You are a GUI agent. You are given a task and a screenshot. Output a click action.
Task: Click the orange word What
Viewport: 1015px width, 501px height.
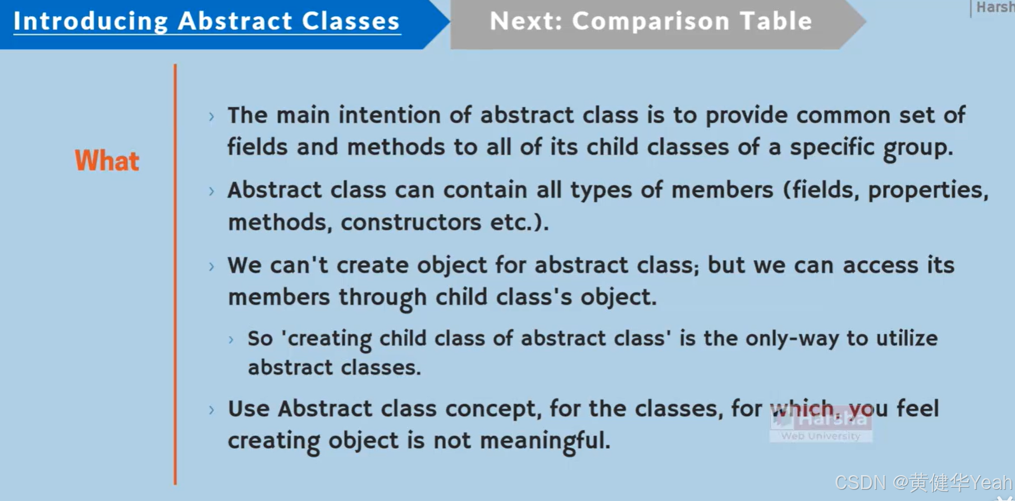107,161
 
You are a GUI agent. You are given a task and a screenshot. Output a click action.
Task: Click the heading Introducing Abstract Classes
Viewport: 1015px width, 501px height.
207,21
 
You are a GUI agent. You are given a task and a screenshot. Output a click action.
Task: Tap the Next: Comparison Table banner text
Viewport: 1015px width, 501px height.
651,21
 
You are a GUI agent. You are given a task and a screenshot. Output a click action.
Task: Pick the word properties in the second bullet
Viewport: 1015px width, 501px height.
926,191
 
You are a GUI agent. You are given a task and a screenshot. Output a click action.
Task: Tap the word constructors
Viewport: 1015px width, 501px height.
410,223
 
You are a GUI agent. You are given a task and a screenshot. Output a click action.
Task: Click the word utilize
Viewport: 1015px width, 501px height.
907,338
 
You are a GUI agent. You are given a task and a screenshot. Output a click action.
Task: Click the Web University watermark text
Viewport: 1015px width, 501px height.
820,436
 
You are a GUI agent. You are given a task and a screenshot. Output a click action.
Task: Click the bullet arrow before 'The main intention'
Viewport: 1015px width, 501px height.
212,117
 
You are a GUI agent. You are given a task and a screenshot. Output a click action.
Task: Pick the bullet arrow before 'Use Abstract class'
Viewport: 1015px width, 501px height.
212,410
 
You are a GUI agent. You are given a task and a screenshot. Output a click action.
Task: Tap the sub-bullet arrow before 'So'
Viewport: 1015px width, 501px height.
231,339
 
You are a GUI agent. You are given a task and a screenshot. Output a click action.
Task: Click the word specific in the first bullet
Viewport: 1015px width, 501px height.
832,148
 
